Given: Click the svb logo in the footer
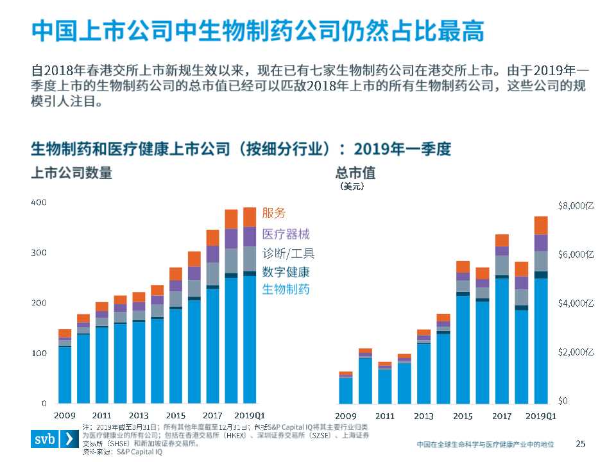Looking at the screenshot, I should point(55,440).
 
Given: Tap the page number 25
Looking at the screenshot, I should point(581,443).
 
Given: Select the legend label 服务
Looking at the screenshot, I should point(274,213).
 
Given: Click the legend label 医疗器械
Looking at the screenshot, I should point(286,234).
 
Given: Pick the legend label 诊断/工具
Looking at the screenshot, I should point(288,253).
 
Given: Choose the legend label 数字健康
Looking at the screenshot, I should point(286,271).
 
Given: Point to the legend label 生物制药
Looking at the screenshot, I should point(286,289).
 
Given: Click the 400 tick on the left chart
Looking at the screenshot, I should point(39,202).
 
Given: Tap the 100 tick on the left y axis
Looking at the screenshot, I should point(39,354).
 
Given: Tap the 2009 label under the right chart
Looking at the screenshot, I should point(346,416).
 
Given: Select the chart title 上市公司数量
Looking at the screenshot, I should point(72,173).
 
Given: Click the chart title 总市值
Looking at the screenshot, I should point(355,173).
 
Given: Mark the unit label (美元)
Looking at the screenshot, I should point(352,187).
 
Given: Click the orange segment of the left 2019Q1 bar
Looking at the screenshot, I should point(250,217).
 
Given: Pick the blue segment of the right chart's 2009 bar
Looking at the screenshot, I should point(346,390).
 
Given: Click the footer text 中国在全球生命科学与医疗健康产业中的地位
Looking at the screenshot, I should point(484,444).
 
